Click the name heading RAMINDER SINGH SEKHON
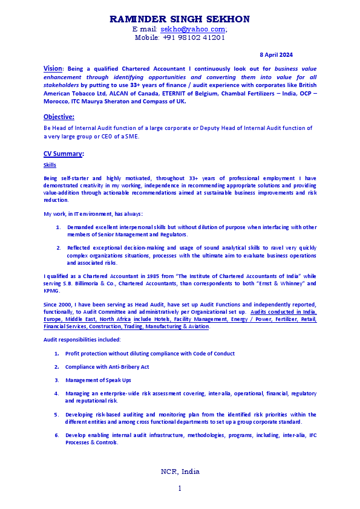tap(180, 19)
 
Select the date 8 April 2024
tap(277, 55)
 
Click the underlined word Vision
tap(53, 68)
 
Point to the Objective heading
tap(59, 117)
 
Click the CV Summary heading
tap(63, 154)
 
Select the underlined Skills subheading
tap(50, 164)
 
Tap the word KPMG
tap(52, 290)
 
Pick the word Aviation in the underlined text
tap(197, 326)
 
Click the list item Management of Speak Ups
tap(98, 380)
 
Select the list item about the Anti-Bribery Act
tap(107, 366)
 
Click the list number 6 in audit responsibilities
tap(56, 435)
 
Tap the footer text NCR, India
tap(180, 472)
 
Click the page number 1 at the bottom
tap(180, 488)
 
